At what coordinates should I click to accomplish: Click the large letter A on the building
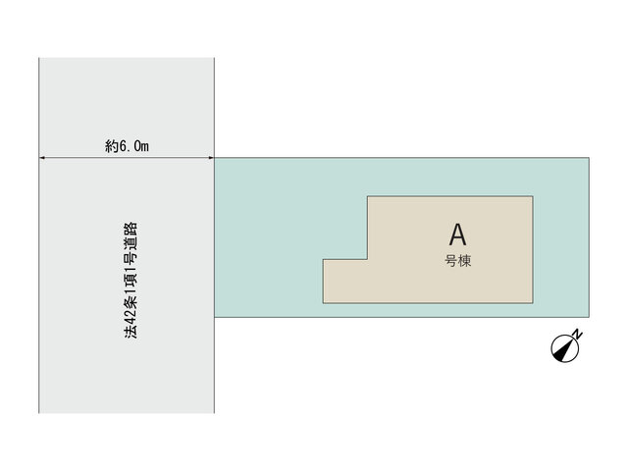457,235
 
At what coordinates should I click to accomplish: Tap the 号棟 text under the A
458,261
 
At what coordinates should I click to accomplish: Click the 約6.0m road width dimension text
127,146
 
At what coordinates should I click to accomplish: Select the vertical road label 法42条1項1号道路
131,281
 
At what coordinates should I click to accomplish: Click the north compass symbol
565,348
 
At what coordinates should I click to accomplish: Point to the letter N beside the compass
577,334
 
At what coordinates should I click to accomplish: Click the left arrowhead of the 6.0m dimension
41,158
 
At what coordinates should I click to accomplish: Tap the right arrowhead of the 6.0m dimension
212,158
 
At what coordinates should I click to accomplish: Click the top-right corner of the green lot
589,158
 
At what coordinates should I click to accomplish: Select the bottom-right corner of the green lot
589,317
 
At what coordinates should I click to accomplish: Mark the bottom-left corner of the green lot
215,317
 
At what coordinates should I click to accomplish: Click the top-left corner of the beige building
368,196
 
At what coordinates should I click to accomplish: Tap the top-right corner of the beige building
533,196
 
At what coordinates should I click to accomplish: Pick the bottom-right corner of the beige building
533,303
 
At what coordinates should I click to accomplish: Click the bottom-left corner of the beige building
323,303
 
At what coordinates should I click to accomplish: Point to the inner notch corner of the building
368,259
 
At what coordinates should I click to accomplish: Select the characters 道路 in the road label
131,235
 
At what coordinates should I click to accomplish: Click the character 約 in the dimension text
111,146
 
